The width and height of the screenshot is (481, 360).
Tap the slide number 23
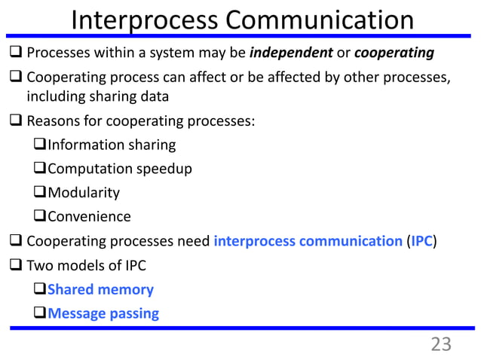click(x=440, y=344)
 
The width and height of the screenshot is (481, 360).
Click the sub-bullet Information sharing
click(x=112, y=145)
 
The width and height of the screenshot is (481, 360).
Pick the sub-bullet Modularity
click(x=84, y=193)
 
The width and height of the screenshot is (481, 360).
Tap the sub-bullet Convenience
click(x=89, y=217)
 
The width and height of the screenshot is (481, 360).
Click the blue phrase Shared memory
click(x=100, y=289)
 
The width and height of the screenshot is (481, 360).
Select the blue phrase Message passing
click(x=103, y=313)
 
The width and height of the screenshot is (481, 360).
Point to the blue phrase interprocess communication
click(x=308, y=241)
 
